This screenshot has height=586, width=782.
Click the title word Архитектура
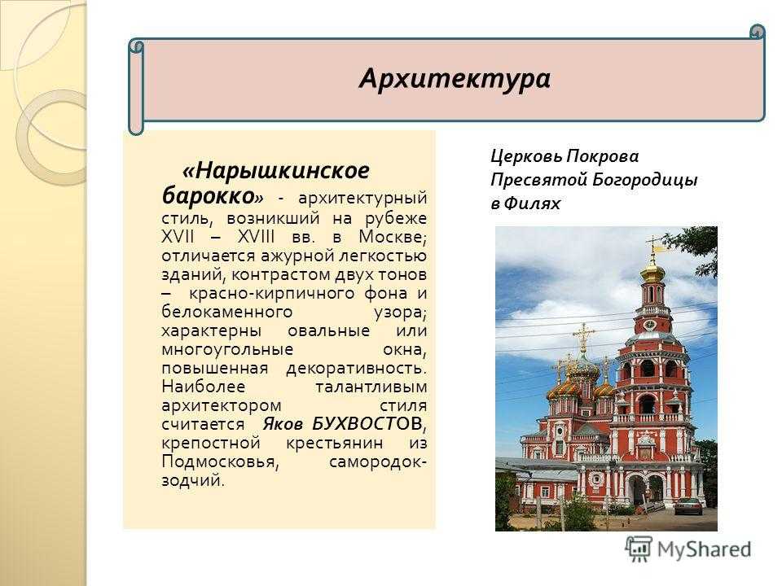455,79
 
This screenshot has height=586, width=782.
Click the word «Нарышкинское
276,171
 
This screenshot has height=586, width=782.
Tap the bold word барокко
208,195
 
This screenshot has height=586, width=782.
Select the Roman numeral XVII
178,236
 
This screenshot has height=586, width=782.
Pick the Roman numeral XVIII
256,236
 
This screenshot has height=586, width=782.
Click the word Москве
393,237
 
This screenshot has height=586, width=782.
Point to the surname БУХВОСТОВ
368,423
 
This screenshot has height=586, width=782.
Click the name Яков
283,424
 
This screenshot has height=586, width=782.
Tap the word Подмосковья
219,462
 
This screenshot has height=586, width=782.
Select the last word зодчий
193,480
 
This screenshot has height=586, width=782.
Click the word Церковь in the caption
525,156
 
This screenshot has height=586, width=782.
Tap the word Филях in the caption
532,203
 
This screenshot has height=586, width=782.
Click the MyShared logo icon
639,549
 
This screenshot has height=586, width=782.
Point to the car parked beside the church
689,505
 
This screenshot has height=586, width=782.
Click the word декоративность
357,368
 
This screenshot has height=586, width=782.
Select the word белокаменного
227,312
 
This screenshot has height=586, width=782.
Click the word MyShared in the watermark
704,549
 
